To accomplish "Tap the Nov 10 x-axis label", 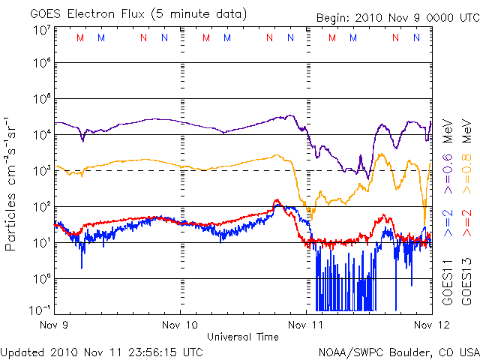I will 180,325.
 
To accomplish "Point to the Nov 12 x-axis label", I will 430,325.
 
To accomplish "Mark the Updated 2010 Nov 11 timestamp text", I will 101,351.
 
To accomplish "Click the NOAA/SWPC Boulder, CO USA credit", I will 398,351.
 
